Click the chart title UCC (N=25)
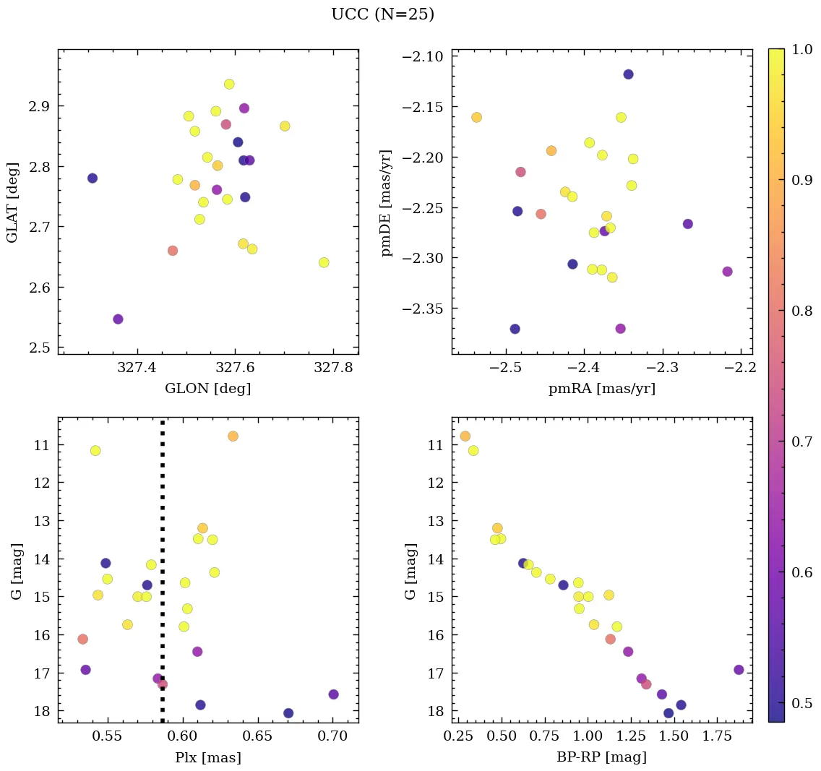point(382,14)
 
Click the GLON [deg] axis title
point(208,389)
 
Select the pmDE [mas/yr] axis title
point(387,203)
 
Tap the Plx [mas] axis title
point(208,757)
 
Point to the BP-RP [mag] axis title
point(602,757)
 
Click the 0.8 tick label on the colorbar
point(801,310)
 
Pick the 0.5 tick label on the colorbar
point(801,702)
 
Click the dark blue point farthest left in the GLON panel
point(93,178)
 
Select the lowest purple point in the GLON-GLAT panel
point(118,319)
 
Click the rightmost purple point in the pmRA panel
point(727,272)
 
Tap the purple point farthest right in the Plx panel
point(333,694)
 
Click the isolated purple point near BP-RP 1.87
point(738,670)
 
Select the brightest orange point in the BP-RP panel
point(465,436)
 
